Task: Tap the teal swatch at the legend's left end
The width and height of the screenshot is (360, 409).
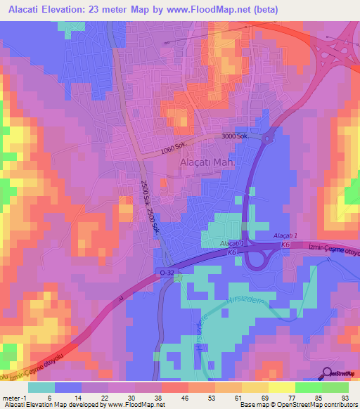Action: point(41,387)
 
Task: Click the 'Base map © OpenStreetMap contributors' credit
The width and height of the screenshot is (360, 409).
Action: point(297,405)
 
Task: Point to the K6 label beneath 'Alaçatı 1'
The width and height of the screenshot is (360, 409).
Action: point(285,244)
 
